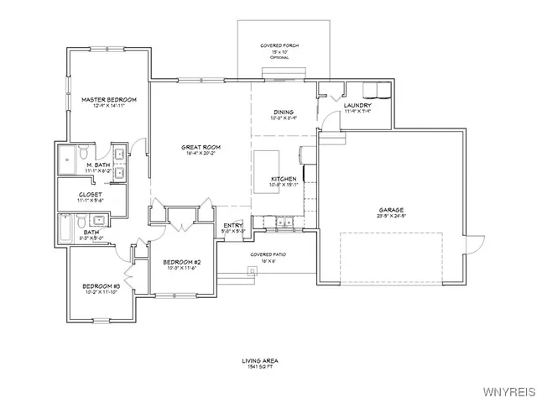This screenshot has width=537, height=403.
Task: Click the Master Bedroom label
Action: [x=109, y=99]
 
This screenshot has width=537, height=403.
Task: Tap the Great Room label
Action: [x=201, y=147]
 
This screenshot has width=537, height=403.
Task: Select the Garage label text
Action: [x=391, y=209]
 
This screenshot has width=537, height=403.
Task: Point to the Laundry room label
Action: [x=357, y=105]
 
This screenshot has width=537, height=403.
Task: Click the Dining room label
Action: [x=283, y=112]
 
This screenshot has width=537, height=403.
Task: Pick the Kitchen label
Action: [x=283, y=180]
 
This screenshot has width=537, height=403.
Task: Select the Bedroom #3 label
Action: [x=101, y=287]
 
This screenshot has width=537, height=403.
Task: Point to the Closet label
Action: [x=90, y=194]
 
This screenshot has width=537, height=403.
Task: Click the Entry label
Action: [x=232, y=225]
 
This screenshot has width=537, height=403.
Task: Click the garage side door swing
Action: [x=476, y=245]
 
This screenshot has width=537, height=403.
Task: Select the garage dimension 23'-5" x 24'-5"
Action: [x=391, y=216]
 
